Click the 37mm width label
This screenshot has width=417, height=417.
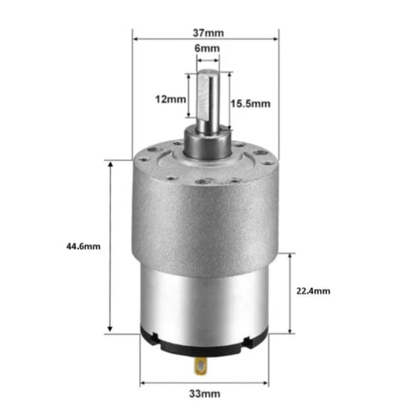(207, 32)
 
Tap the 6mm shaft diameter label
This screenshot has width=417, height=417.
(207, 49)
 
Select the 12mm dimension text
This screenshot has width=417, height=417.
(170, 99)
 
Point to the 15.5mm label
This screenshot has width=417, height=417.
(250, 102)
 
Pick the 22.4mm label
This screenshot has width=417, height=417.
(315, 290)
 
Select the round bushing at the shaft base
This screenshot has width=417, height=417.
(207, 143)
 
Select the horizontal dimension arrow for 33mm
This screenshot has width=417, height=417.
(172, 383)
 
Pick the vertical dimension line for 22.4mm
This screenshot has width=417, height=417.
(291, 313)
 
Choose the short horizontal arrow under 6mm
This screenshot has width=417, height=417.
(207, 59)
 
